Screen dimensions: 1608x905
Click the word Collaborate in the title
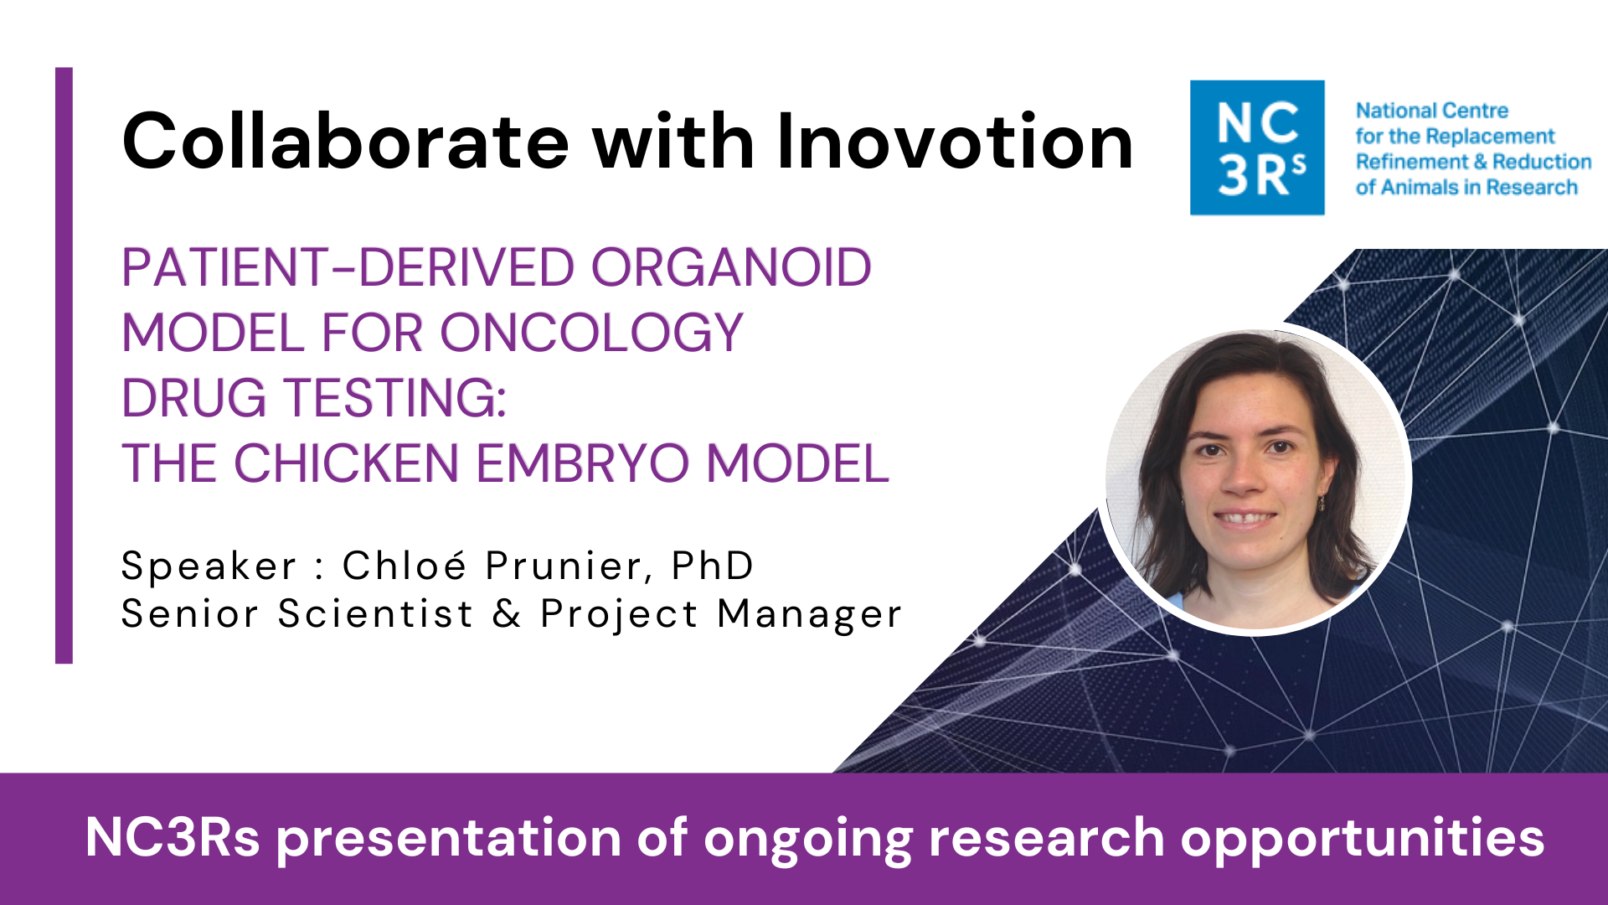click(x=346, y=142)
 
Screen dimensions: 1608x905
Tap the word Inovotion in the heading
click(x=955, y=142)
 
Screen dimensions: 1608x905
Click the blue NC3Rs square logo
click(x=1257, y=147)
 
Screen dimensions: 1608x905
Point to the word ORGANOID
click(x=731, y=268)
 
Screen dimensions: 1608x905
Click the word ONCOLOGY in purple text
click(x=591, y=333)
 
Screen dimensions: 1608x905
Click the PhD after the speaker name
click(x=713, y=566)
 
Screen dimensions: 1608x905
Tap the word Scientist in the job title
click(x=376, y=613)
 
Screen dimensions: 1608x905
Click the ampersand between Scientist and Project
click(x=507, y=613)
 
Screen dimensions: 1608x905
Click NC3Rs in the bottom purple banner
click(x=173, y=837)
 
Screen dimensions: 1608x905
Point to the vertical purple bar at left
click(x=64, y=365)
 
